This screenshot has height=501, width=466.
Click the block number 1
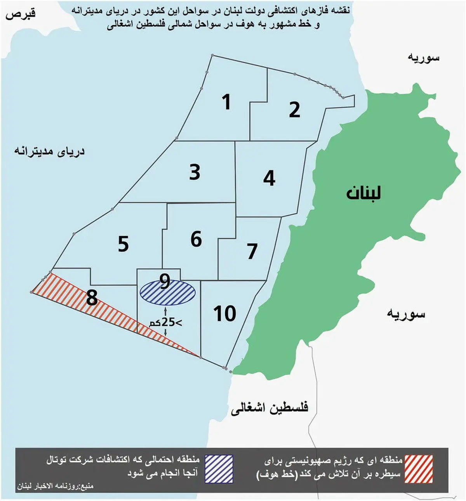click(x=226, y=102)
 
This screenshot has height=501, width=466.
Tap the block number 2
click(x=294, y=110)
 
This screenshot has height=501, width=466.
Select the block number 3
click(x=195, y=172)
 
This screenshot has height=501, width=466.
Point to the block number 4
click(x=269, y=178)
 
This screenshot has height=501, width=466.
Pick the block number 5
click(x=123, y=244)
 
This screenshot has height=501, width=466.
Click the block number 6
click(x=196, y=239)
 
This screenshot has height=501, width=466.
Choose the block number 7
click(x=252, y=251)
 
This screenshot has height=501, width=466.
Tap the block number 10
click(x=224, y=313)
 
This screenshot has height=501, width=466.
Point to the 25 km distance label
click(x=166, y=322)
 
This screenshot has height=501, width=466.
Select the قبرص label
click(x=20, y=14)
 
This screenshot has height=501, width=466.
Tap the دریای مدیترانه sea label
click(x=49, y=151)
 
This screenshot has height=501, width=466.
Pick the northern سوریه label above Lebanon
click(x=423, y=57)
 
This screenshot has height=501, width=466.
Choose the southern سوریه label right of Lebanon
click(x=406, y=314)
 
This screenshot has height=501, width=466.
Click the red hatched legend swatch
click(x=418, y=469)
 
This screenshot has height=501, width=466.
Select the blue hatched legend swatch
click(x=219, y=469)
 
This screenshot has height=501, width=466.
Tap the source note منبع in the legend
click(x=55, y=486)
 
